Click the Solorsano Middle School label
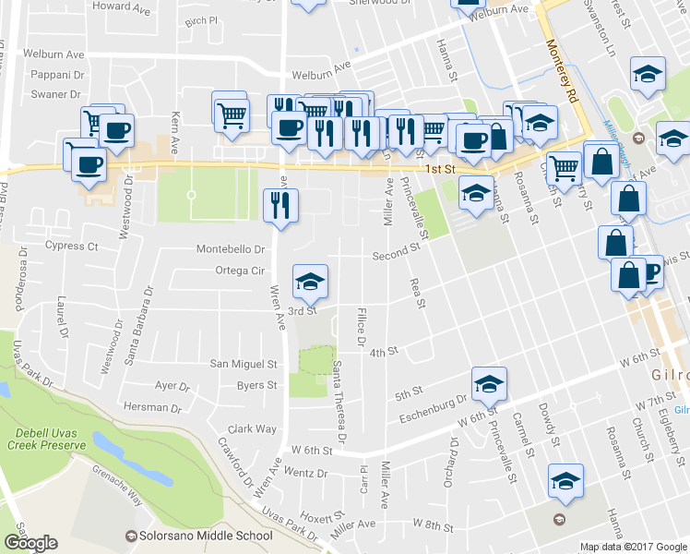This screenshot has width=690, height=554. coord(207,536)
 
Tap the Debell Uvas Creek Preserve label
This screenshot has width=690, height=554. coord(51,440)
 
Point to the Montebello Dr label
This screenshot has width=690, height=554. coord(231,249)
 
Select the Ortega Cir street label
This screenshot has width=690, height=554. coord(239,271)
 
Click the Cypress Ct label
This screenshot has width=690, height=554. coord(71,247)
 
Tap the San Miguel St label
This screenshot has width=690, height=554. coord(244,364)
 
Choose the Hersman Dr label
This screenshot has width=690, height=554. coord(152,407)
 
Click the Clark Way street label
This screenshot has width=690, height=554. coord(252,428)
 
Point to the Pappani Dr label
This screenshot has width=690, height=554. coord(57,74)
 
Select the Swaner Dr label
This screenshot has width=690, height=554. coord(55,94)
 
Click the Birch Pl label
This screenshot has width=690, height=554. coord(200,19)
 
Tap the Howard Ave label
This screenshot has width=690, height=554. coord(122,6)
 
